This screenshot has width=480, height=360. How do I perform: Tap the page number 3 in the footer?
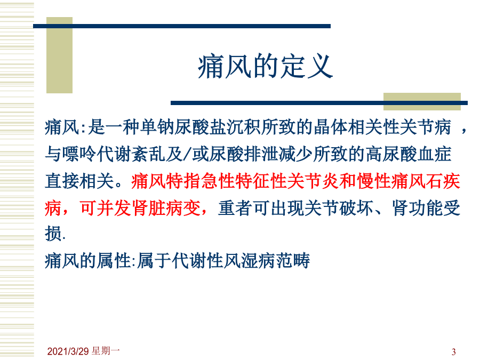pos(454,351)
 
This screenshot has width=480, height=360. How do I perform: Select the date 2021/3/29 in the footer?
pos(68,351)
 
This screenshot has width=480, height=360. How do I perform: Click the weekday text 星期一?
pos(106,351)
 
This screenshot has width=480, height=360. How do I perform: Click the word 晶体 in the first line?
pos(331,127)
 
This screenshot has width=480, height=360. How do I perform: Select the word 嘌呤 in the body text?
pos(79,154)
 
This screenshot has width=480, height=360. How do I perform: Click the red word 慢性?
pos(374,181)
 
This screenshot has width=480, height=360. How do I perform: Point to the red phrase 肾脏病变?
pos(166,208)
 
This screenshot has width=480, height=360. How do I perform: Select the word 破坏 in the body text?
pos(357,208)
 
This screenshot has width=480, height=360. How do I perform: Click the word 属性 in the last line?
pos(114,261)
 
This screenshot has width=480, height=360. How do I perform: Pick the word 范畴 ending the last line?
pos(293,261)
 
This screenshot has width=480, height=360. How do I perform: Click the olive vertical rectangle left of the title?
pos(59,55)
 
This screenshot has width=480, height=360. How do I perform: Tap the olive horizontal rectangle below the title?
pos(422,101)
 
